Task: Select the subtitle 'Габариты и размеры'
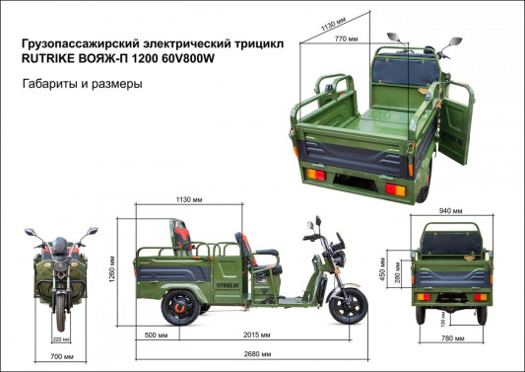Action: (x=82, y=85)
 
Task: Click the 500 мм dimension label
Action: (x=156, y=335)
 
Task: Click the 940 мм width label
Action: (x=451, y=211)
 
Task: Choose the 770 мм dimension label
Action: (x=345, y=37)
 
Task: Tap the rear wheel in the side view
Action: (x=180, y=304)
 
